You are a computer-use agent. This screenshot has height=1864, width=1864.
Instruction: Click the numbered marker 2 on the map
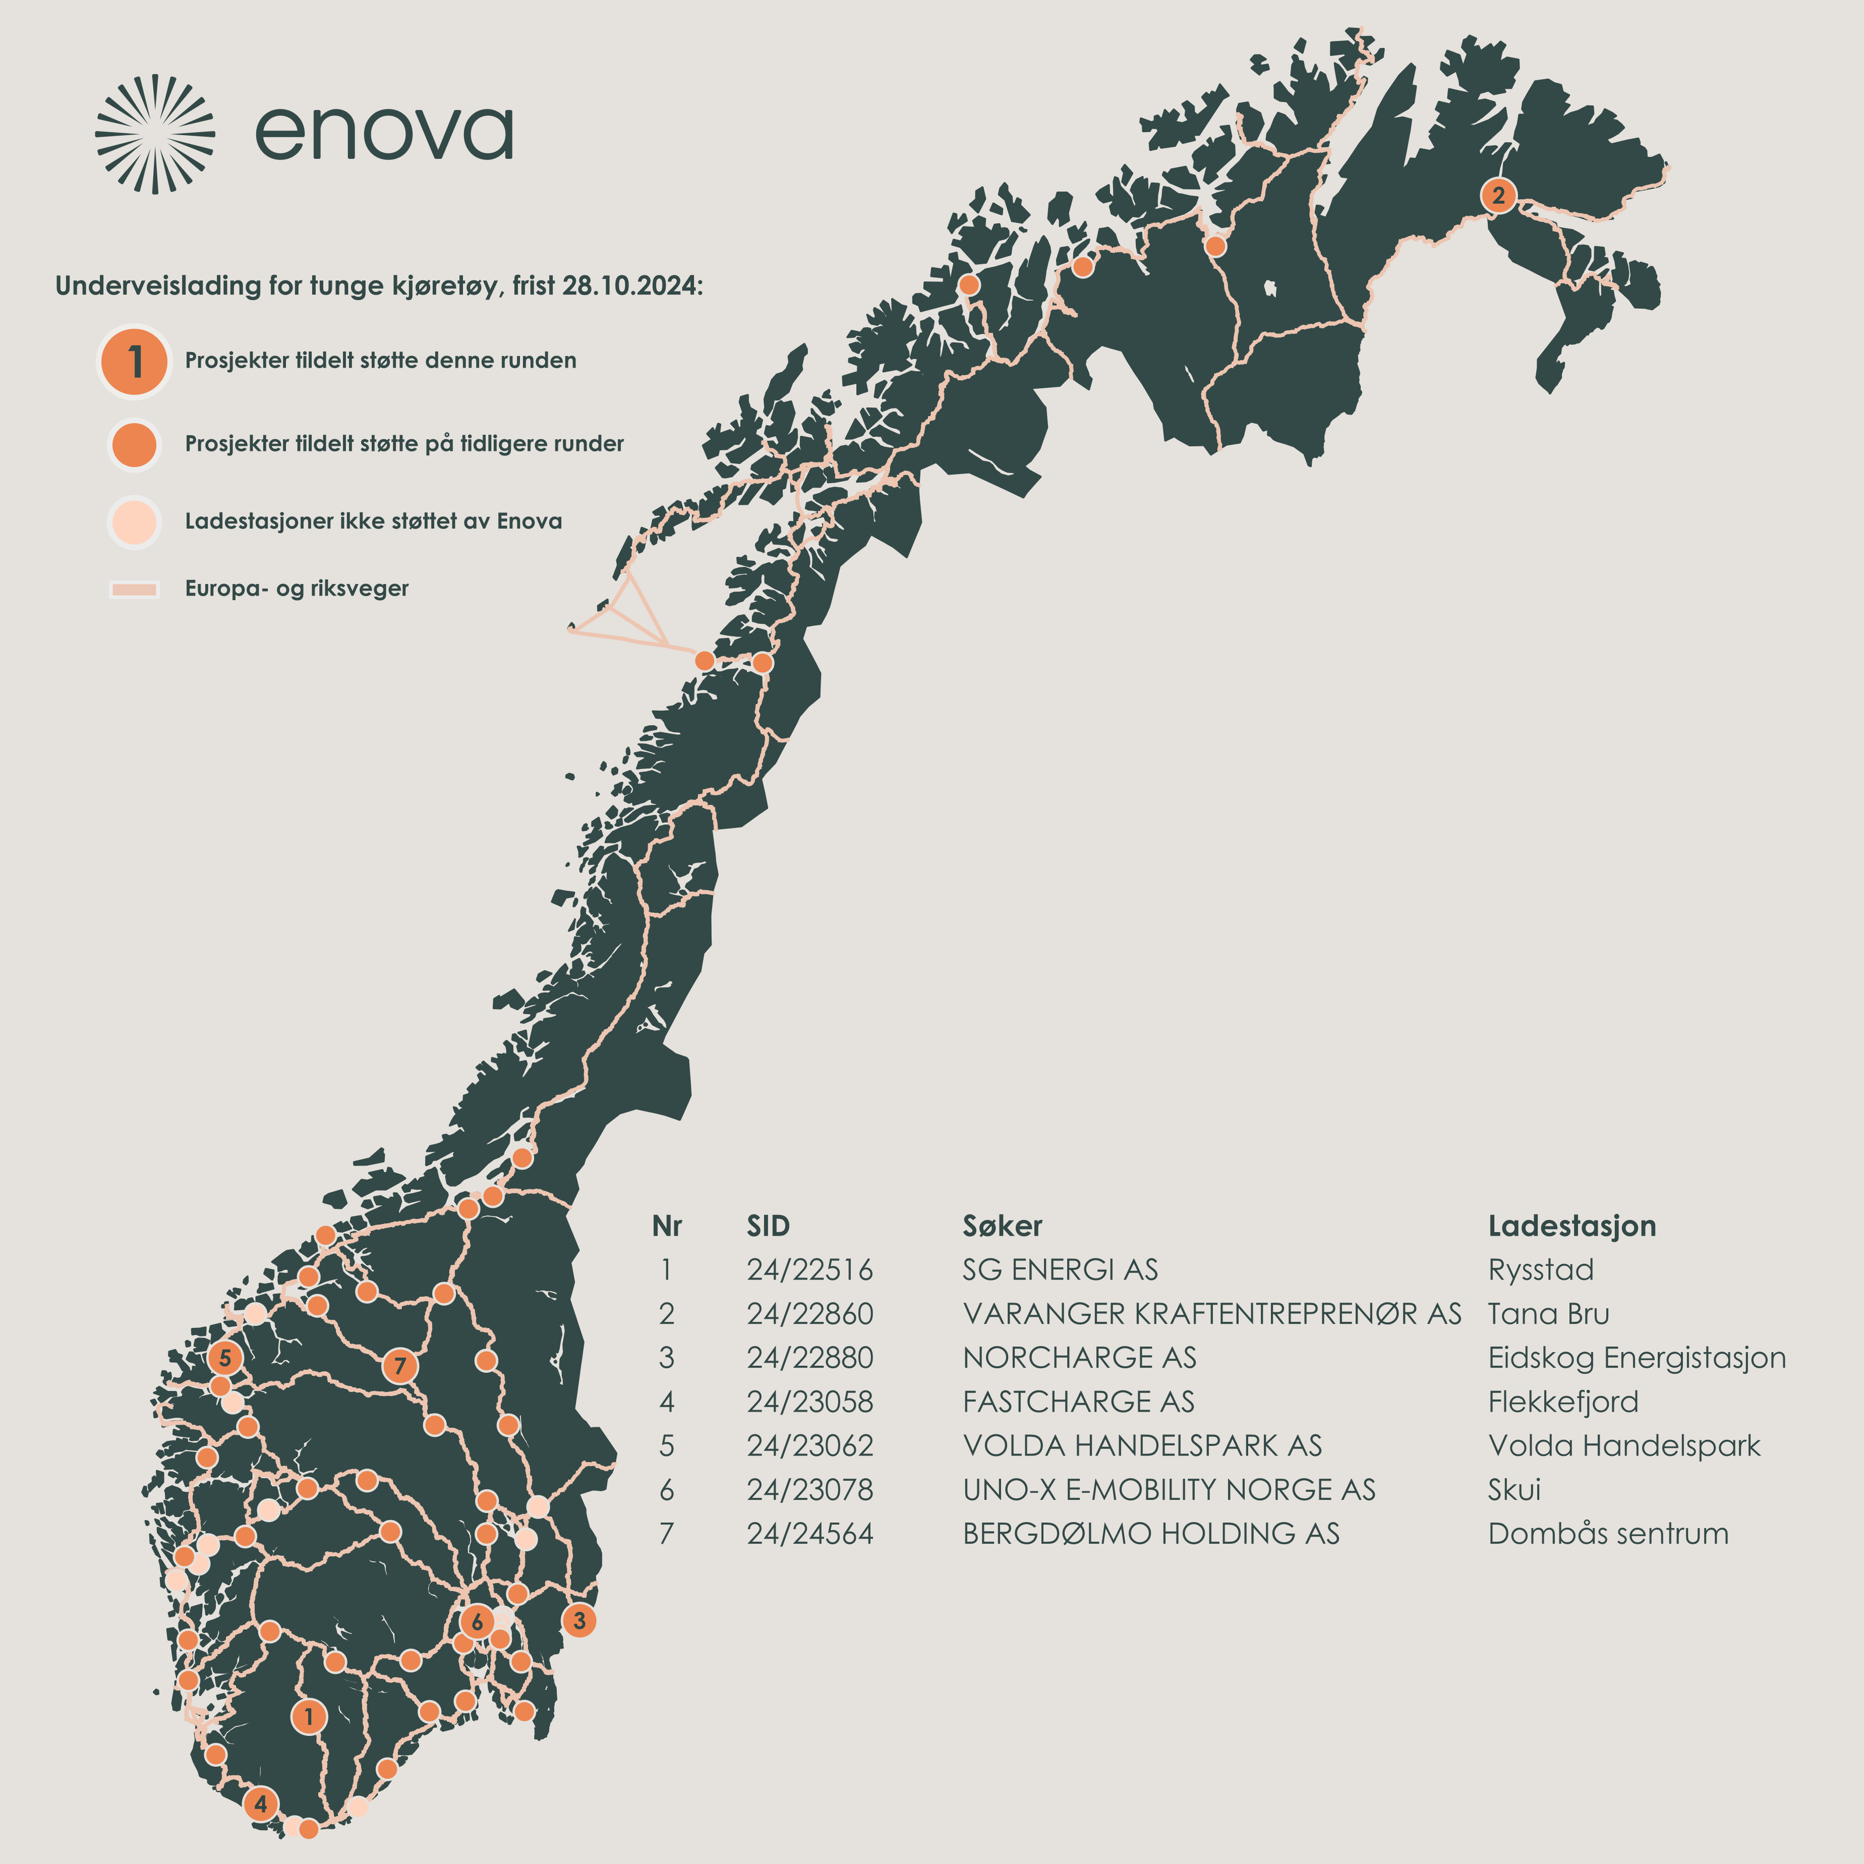pos(1498,196)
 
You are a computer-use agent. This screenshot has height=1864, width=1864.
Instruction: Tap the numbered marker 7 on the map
pos(400,1365)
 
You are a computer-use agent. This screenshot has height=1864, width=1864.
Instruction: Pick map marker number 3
pos(579,1620)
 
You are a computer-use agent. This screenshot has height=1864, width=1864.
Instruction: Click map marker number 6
pos(476,1622)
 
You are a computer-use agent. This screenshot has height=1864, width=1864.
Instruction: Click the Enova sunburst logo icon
pos(154,133)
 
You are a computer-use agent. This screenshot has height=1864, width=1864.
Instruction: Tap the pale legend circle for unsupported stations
pos(134,521)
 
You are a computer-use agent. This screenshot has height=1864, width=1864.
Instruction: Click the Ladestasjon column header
pos(1572,1226)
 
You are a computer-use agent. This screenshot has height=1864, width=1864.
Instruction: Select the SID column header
pos(768,1226)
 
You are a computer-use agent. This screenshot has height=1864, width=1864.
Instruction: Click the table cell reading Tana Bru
pos(1548,1314)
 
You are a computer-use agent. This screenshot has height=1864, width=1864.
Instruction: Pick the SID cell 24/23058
pos(810,1402)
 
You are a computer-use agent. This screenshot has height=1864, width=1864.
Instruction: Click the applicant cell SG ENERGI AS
pos(1060,1270)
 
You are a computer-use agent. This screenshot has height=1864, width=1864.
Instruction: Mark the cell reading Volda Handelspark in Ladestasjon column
pos(1624,1446)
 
